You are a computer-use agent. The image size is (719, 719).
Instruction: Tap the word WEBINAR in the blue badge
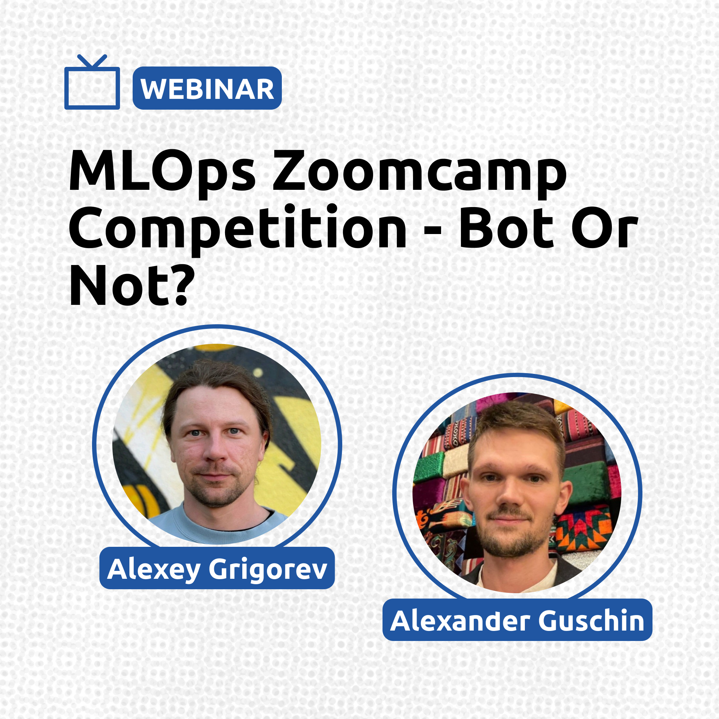[207, 89]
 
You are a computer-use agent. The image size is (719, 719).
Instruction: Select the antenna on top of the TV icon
[92, 61]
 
